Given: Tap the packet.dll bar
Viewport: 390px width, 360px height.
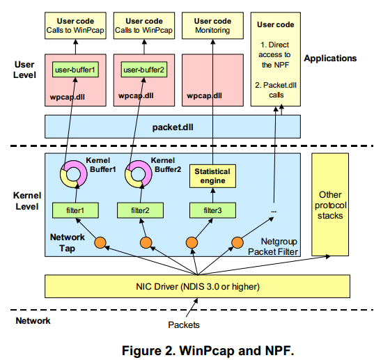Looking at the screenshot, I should tap(172, 127).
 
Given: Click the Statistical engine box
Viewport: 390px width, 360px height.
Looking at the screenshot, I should tap(212, 176).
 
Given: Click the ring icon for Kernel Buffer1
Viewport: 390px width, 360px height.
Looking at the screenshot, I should tap(72, 175).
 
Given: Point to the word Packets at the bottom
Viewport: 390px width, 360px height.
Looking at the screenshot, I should tap(185, 324).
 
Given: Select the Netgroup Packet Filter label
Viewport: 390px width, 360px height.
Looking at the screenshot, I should tap(272, 245).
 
